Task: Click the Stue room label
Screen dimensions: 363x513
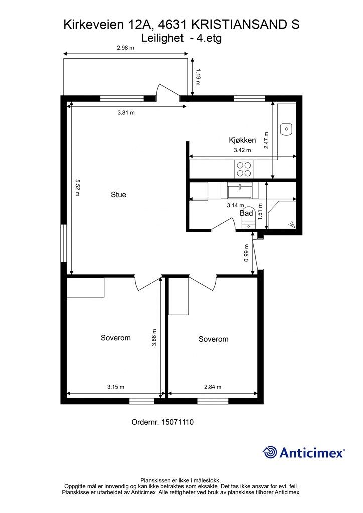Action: click(x=118, y=195)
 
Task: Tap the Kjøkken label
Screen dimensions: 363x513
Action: click(x=242, y=140)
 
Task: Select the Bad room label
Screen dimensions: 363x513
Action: click(x=247, y=213)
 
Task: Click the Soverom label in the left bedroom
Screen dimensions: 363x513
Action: click(x=115, y=338)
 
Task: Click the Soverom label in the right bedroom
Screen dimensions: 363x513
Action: click(x=214, y=339)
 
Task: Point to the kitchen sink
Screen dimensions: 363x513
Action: click(x=286, y=129)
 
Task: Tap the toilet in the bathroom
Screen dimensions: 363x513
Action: click(x=248, y=217)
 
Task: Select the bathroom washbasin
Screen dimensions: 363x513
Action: click(x=240, y=190)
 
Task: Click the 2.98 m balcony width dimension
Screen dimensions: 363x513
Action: click(x=126, y=48)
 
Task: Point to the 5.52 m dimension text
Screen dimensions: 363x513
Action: click(x=78, y=187)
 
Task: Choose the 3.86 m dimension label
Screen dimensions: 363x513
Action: click(x=154, y=337)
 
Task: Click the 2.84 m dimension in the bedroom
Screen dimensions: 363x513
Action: click(x=213, y=387)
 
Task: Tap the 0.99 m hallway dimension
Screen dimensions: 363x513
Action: click(x=247, y=253)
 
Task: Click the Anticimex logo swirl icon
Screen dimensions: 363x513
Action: click(x=270, y=453)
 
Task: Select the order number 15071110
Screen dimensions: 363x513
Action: click(x=177, y=422)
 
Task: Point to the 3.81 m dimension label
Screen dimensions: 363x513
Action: click(x=126, y=113)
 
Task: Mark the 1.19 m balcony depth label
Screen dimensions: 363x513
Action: click(x=197, y=77)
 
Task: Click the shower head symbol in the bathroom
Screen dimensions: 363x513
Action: click(x=292, y=224)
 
